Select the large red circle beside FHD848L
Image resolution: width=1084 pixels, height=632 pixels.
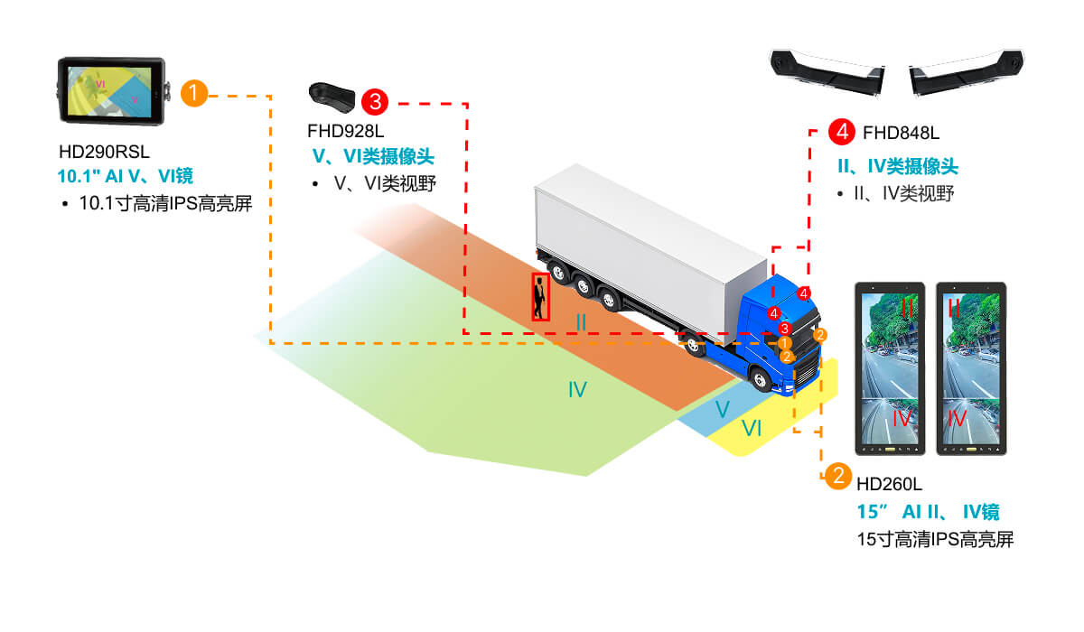(841, 132)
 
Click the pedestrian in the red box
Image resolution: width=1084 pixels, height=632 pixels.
(539, 297)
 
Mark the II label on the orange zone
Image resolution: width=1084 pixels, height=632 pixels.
(581, 321)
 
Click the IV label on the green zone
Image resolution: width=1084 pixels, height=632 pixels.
(577, 390)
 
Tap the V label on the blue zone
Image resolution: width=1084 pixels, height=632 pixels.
(722, 409)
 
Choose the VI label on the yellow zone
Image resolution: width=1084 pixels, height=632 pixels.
(752, 429)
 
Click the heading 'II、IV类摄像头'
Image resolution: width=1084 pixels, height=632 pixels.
(897, 166)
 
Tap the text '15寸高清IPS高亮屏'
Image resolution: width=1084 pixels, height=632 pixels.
(935, 540)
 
